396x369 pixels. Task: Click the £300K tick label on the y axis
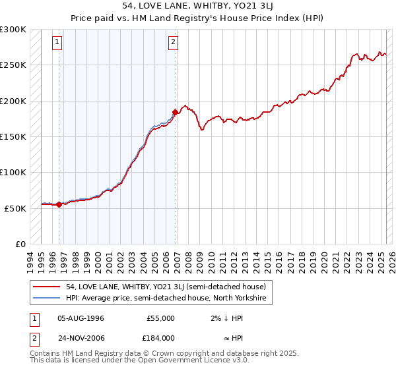point(13,30)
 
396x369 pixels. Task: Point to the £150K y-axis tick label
point(13,136)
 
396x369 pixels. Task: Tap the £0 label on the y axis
point(21,244)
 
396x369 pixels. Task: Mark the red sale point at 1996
point(59,204)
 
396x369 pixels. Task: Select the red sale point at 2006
point(175,112)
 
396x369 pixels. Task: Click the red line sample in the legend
point(47,287)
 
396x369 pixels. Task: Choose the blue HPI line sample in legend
point(47,298)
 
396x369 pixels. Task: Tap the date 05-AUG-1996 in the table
point(81,318)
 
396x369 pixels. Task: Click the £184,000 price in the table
point(160,337)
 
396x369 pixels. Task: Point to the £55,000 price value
point(160,318)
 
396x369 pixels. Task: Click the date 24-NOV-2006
point(81,337)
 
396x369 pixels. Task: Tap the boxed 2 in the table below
point(32,337)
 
